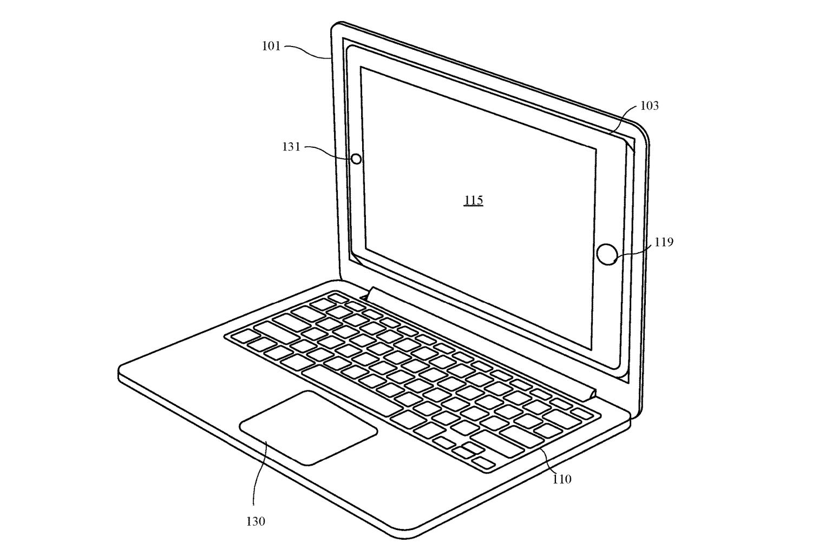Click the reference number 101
click(271, 46)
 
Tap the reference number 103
click(649, 106)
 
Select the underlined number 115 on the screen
click(473, 200)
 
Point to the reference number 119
click(664, 242)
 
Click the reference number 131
click(291, 147)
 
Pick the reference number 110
click(562, 479)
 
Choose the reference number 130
click(256, 521)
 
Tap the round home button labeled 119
click(607, 254)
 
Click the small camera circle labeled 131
click(356, 159)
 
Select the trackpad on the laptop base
click(308, 428)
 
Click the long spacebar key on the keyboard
click(352, 391)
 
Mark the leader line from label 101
click(309, 53)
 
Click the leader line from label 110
click(549, 461)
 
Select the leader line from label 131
click(329, 152)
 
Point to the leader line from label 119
click(634, 253)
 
